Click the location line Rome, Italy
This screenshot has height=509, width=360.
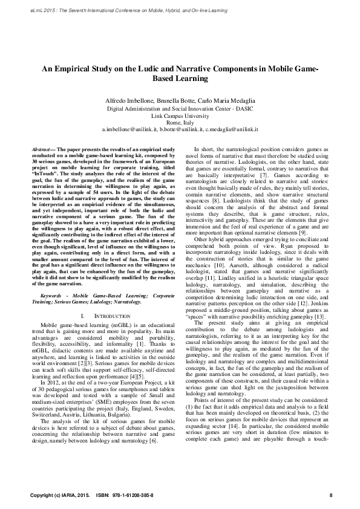180,122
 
